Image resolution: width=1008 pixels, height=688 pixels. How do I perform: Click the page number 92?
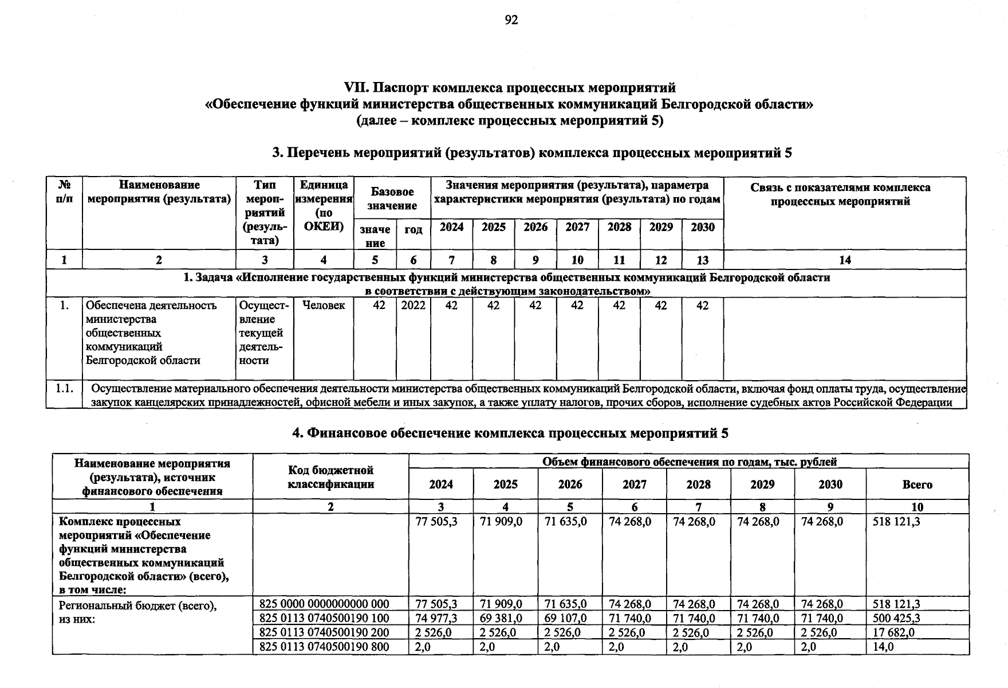coord(511,21)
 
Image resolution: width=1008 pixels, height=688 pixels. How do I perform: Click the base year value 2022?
coord(413,306)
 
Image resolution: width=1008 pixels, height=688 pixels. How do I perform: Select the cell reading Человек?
coord(324,306)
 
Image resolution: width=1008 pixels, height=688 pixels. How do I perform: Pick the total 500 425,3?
coord(896,618)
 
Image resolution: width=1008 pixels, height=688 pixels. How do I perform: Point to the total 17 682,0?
coord(893,632)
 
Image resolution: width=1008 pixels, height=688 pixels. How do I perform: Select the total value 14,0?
coord(883,647)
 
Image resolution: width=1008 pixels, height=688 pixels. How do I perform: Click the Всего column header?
coord(917,484)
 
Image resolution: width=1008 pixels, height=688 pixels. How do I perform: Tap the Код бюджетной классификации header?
coord(330,477)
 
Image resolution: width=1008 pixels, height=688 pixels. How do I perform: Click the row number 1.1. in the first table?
coord(64,389)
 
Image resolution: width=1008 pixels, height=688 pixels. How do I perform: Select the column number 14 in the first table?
coord(845,260)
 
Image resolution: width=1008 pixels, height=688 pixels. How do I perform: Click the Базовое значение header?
coord(392,198)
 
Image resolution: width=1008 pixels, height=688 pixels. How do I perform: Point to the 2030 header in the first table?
coord(703,227)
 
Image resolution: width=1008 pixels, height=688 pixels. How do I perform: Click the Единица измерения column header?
coord(324,205)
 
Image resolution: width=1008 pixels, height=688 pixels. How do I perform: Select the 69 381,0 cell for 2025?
coord(501,618)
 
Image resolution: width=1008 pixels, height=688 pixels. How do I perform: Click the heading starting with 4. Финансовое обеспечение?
coord(510,433)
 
